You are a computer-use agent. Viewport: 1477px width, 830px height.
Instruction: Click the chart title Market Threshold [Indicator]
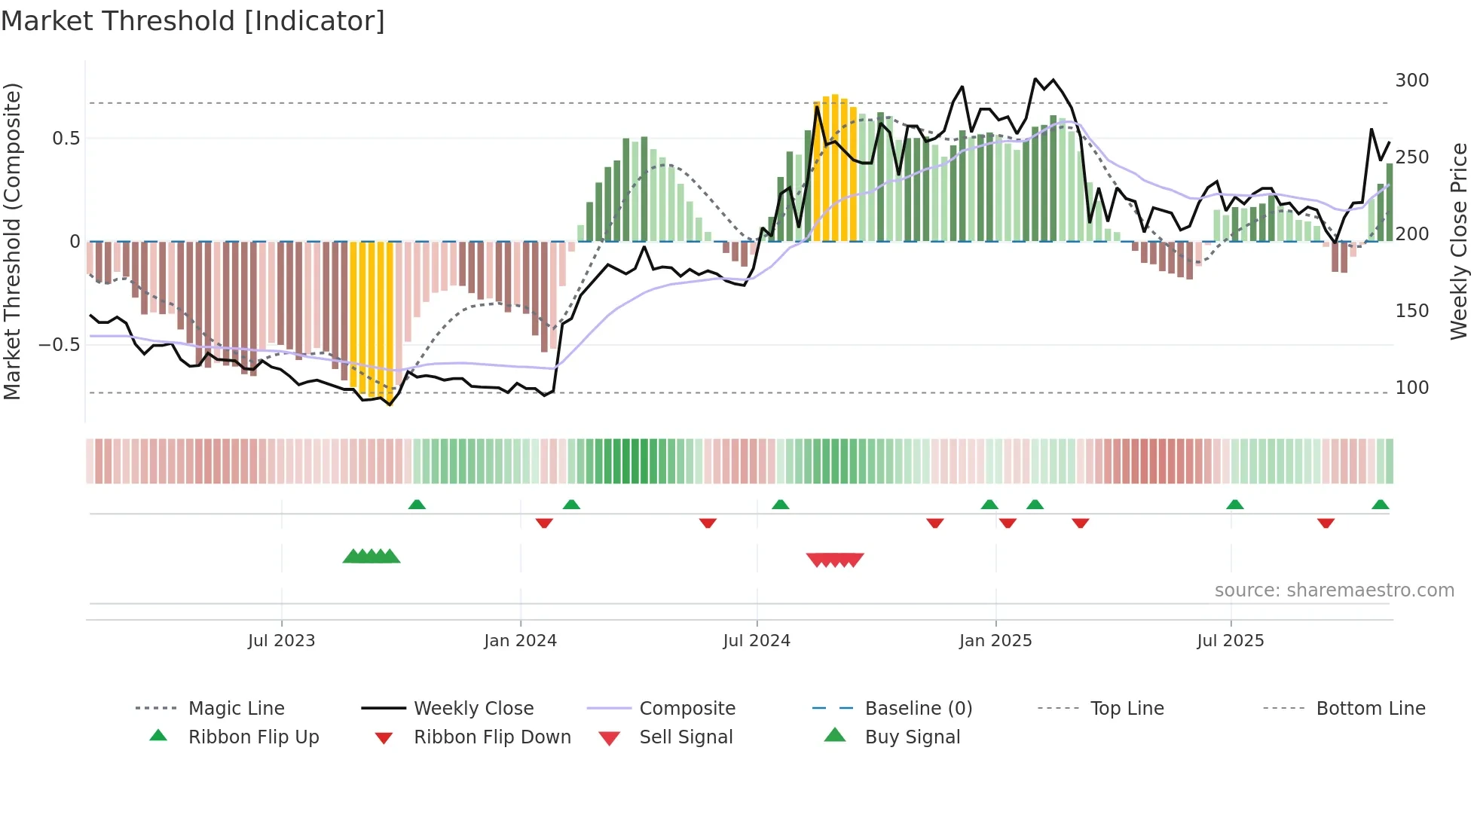click(193, 21)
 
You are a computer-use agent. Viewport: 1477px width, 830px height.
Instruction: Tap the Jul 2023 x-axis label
click(281, 641)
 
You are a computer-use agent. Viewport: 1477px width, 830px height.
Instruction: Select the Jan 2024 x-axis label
click(520, 641)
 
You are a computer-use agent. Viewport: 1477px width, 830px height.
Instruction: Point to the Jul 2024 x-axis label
click(757, 641)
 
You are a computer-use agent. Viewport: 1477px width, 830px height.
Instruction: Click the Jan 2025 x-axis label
click(995, 641)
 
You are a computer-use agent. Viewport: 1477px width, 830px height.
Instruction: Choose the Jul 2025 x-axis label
click(1231, 641)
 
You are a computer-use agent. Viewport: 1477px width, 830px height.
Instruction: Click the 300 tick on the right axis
click(1411, 81)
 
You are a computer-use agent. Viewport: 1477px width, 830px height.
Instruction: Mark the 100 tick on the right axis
click(1411, 388)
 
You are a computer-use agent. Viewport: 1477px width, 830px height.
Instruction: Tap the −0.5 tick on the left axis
click(60, 345)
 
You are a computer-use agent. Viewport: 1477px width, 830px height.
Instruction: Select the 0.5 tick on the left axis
click(66, 139)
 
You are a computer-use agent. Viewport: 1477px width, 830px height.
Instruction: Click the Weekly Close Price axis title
click(1459, 241)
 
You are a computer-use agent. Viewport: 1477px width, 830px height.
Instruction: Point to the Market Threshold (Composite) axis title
click(12, 241)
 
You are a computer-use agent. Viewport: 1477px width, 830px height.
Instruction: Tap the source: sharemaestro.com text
click(1334, 590)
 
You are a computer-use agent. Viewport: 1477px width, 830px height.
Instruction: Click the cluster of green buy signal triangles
click(372, 557)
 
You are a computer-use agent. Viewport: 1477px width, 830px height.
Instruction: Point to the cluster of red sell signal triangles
click(835, 560)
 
